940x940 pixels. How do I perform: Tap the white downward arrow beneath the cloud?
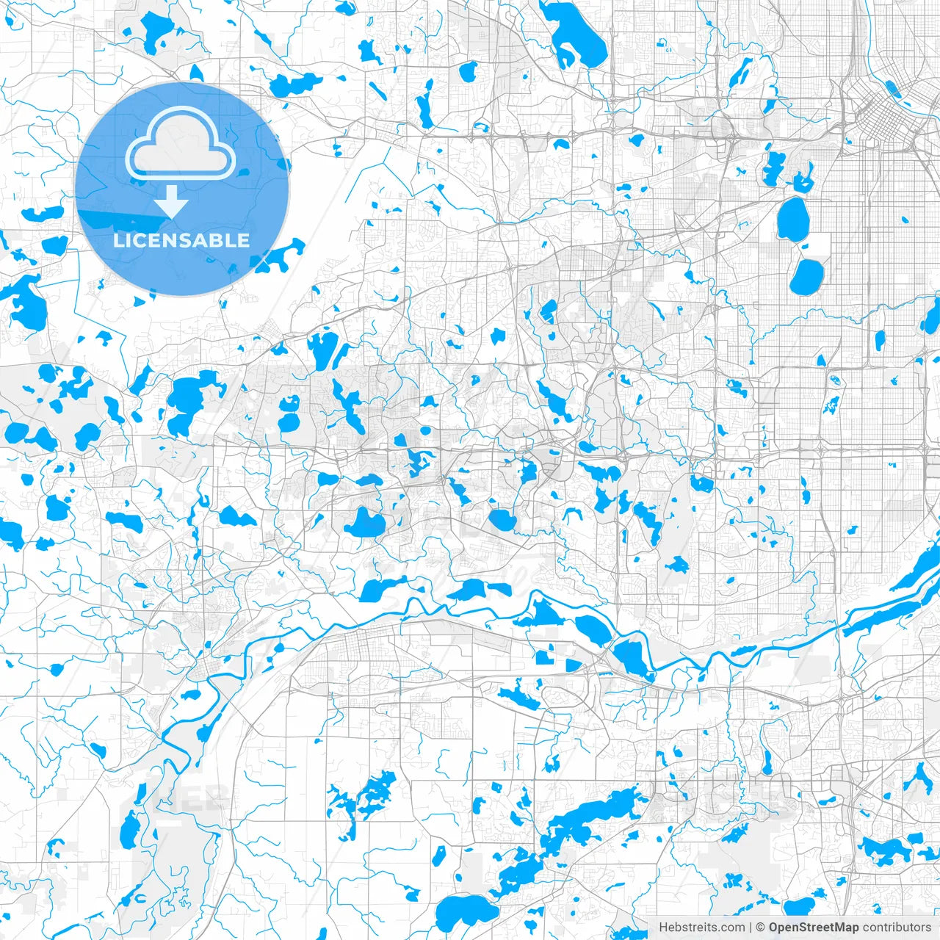coord(172,201)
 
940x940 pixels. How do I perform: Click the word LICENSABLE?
coord(181,240)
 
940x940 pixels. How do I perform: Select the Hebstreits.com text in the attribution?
coord(701,928)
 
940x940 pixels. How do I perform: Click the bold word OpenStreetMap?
coord(814,928)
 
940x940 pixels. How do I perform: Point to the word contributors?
coord(897,928)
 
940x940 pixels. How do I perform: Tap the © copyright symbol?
coord(761,928)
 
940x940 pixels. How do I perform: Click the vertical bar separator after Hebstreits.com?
coord(751,928)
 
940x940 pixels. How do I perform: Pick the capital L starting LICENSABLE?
coord(118,240)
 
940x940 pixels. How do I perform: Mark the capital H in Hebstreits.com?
coord(663,928)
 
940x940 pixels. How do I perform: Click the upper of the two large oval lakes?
coord(793,219)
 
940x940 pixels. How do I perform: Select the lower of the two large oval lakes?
coord(807,276)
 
